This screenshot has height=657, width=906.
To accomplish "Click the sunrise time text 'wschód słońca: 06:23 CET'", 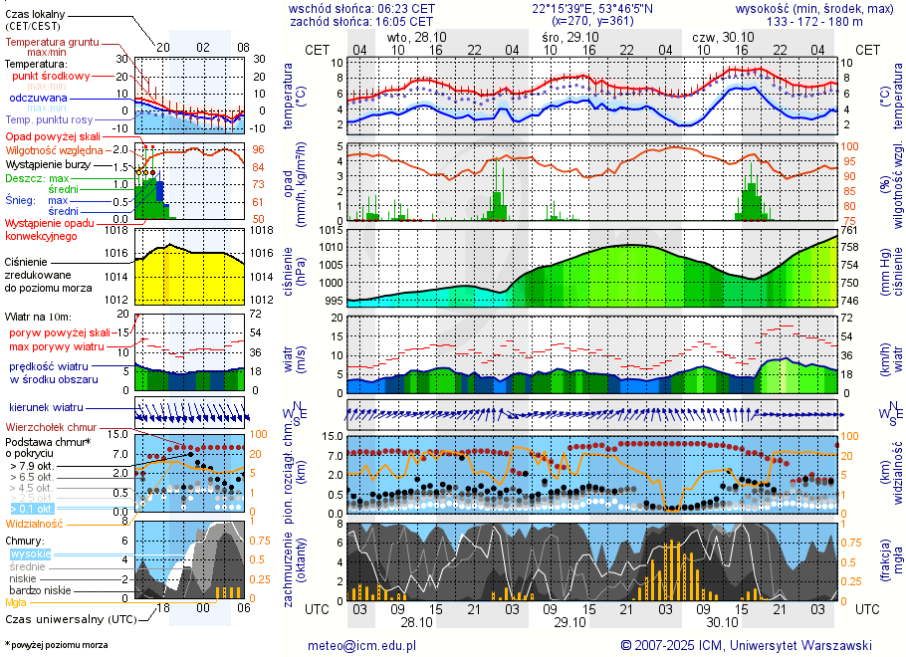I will click(x=361, y=7).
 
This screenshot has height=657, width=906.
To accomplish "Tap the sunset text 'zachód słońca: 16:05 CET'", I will click(x=361, y=21).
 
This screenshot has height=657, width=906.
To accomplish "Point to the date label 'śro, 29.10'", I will click(x=564, y=36).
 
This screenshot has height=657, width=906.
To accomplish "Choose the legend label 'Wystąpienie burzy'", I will click(x=49, y=163).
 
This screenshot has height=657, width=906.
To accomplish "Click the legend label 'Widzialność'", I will click(x=35, y=523).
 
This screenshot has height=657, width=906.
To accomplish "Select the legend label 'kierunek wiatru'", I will click(x=46, y=408).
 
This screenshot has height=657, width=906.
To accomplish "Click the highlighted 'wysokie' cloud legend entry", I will click(x=30, y=553).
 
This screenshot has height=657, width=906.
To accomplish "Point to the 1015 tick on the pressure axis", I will click(x=332, y=230).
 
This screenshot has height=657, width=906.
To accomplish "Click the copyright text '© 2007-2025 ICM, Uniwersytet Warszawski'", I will click(x=746, y=645).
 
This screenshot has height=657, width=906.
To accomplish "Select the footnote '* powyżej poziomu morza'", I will click(x=56, y=645).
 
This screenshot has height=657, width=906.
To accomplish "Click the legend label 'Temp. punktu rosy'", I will click(x=50, y=119).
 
